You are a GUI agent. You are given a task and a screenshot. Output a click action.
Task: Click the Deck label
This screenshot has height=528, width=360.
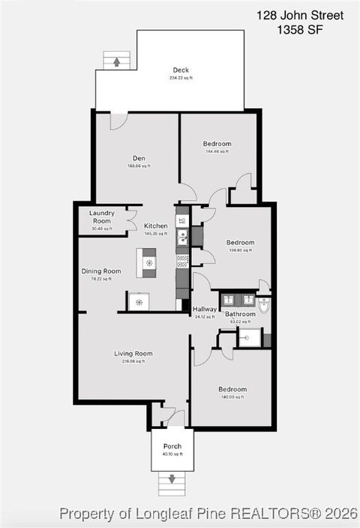coord(181,70)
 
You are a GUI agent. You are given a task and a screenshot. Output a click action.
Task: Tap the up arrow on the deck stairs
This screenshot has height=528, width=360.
coord(116,63)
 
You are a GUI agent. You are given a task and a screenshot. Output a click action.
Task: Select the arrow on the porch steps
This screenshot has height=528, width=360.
coord(172,478)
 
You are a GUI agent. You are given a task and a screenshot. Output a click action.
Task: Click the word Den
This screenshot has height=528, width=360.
coord(139,158)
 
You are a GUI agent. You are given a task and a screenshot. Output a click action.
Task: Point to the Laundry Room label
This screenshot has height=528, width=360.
coord(102,217)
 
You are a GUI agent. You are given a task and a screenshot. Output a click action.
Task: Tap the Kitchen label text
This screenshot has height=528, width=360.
coord(155,226)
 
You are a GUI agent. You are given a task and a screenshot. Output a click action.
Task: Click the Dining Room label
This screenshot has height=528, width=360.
coord(101,271)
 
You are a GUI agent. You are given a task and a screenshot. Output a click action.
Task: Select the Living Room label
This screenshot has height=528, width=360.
coord(133,353)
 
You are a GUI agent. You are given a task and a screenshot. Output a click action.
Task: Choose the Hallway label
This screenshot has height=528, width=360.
coord(205,309)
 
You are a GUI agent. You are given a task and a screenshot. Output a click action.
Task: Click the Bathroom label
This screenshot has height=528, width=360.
coord(240,313)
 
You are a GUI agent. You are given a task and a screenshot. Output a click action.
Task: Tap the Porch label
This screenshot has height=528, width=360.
coord(172,446)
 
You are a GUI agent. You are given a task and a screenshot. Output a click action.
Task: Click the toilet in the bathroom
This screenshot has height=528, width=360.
coord(263,304)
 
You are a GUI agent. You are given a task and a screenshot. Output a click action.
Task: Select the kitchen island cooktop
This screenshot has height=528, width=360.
coord(149,262)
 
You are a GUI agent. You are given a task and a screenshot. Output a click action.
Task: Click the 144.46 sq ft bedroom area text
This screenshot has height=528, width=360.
coord(217,151)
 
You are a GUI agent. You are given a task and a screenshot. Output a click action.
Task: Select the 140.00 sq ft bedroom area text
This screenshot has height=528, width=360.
coord(232,397)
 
